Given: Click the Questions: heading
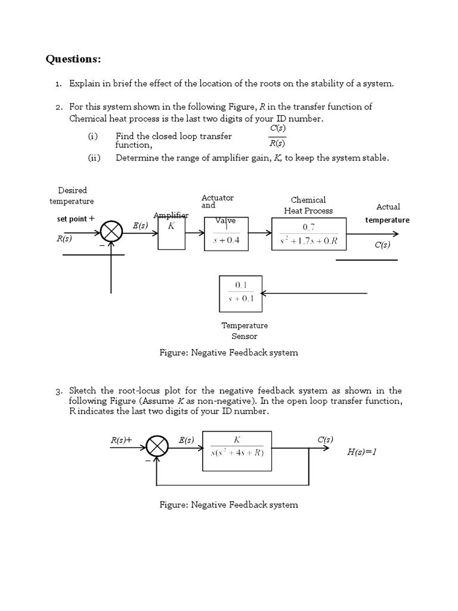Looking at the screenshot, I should tap(73, 59).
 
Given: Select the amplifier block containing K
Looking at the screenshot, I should tap(172, 232).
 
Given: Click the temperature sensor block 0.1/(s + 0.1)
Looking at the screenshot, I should tap(240, 293).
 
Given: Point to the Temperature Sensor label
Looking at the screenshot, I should tap(245, 331).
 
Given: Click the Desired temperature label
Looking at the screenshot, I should tap(72, 196).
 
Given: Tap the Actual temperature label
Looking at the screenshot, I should tap(388, 213).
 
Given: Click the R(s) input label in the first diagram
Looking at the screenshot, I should tap(64, 239).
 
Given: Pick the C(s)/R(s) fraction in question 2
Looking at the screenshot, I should tap(276, 135).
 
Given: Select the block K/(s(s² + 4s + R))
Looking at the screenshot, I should tap(237, 446).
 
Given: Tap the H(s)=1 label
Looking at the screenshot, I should tap(362, 452).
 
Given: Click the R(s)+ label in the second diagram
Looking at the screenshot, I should tap(121, 440).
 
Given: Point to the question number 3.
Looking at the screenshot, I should tap(58, 391).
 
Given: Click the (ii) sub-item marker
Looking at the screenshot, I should tap(94, 158).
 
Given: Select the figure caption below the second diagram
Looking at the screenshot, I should tap(228, 505).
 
